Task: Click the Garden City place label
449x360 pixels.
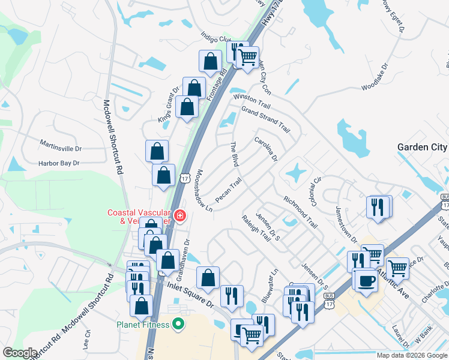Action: [422, 147]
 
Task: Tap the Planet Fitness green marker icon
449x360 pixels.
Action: [178, 325]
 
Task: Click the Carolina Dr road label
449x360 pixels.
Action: [266, 149]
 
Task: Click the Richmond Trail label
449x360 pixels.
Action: [300, 211]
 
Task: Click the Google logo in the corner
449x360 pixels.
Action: [20, 353]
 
